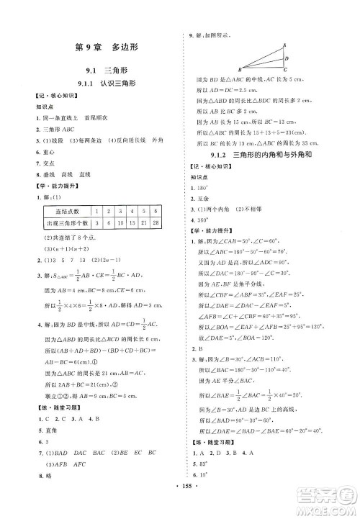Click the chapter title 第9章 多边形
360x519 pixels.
click(x=107, y=49)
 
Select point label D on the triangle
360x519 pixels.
click(x=287, y=58)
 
